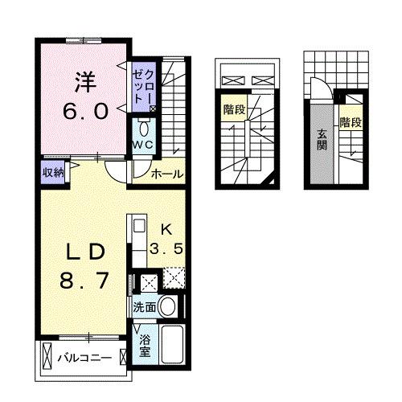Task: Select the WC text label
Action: [144, 144]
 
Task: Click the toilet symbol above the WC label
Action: [144, 128]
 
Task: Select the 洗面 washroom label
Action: [144, 306]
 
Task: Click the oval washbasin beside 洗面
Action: [168, 306]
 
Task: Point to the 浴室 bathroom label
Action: [145, 347]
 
